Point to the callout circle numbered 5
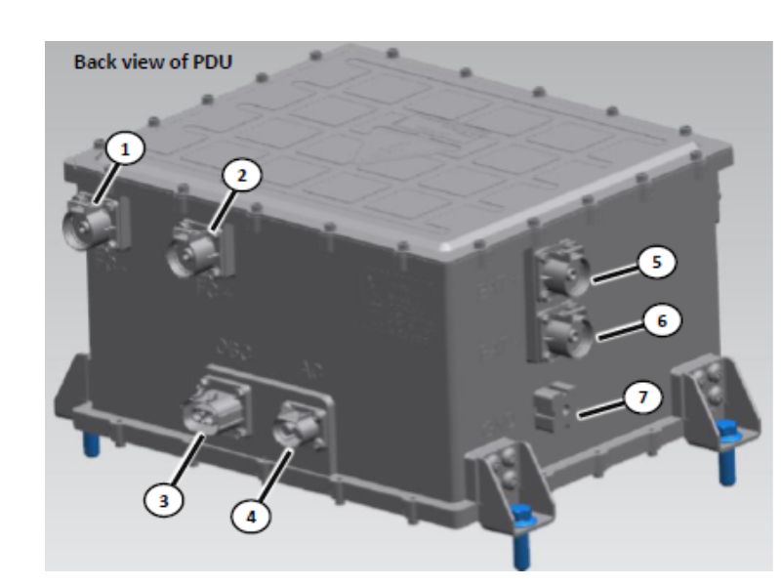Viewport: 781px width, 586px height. [655, 264]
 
